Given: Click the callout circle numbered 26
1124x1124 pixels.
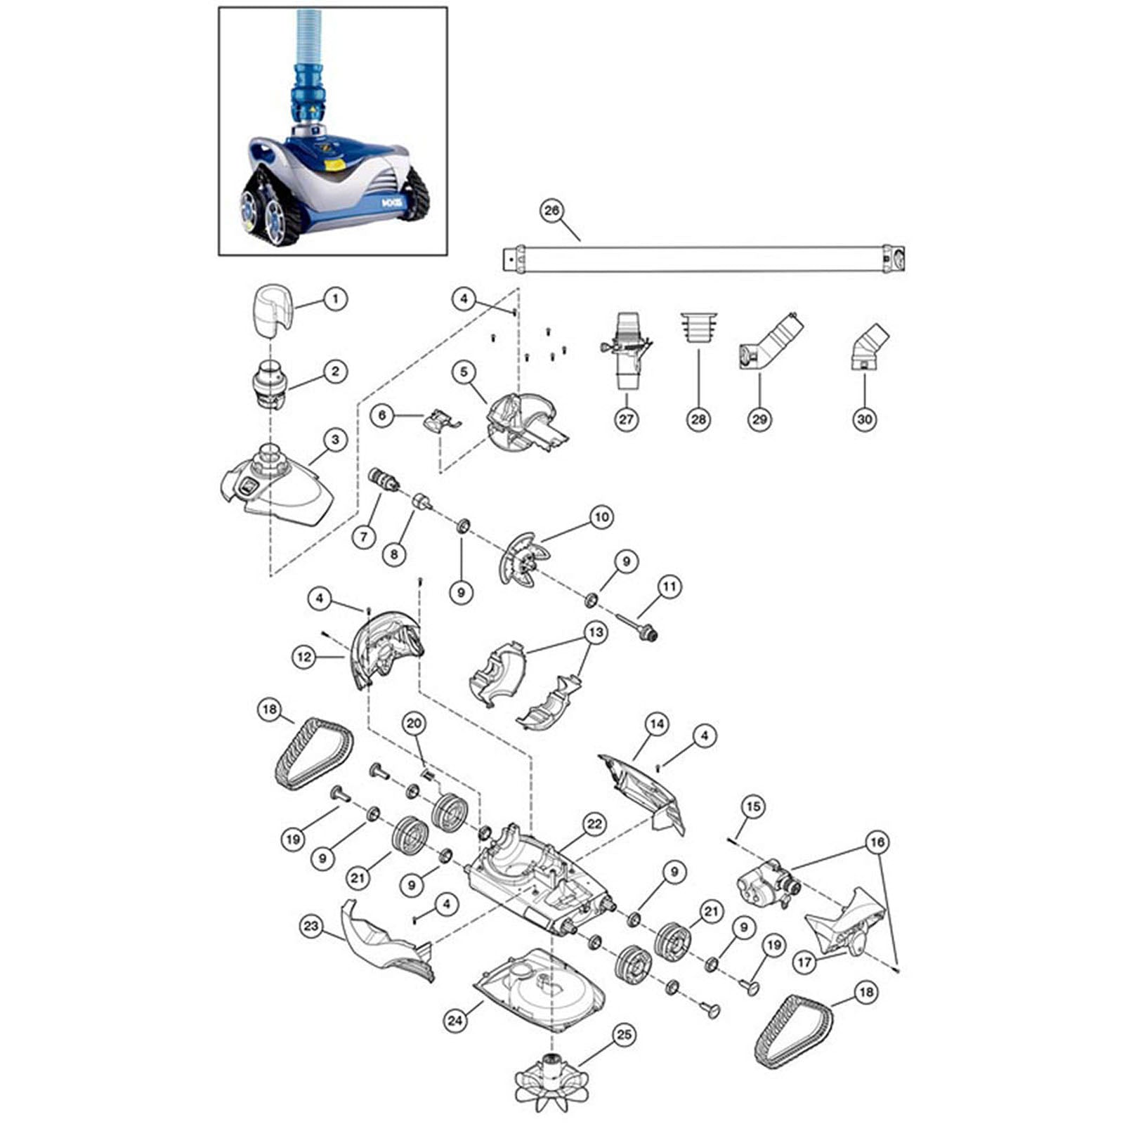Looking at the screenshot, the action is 553,211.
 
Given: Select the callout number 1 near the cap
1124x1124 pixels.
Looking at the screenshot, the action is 335,299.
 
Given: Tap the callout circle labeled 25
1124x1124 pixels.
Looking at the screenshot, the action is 624,1034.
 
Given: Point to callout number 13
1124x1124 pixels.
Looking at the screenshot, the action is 596,633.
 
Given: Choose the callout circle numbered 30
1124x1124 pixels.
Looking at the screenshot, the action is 864,419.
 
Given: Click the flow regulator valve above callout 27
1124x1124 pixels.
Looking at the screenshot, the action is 625,350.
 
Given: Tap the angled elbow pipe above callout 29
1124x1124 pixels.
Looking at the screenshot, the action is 769,341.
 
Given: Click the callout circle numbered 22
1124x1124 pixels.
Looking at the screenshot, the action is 594,824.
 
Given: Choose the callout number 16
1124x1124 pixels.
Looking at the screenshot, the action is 877,842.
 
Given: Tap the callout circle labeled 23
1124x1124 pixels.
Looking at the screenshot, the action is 311,926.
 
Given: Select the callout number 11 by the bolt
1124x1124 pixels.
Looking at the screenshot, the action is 669,586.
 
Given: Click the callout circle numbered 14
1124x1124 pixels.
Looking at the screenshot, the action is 656,724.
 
